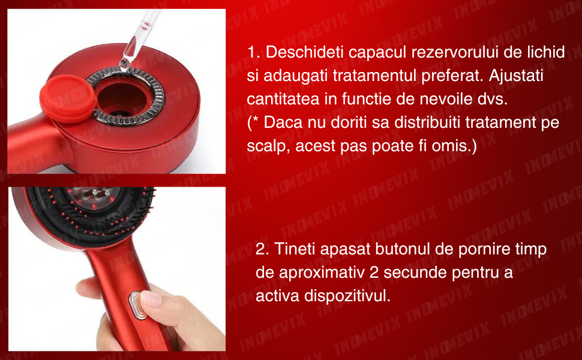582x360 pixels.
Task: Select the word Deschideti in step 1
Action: click(x=305, y=52)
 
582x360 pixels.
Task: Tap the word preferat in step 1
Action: click(x=452, y=76)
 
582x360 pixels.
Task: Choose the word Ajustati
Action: click(x=516, y=76)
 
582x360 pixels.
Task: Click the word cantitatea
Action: click(x=283, y=99)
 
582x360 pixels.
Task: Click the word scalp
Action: click(x=268, y=146)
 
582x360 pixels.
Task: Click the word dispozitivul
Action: click(x=347, y=296)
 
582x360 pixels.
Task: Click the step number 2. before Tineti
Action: click(x=262, y=250)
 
